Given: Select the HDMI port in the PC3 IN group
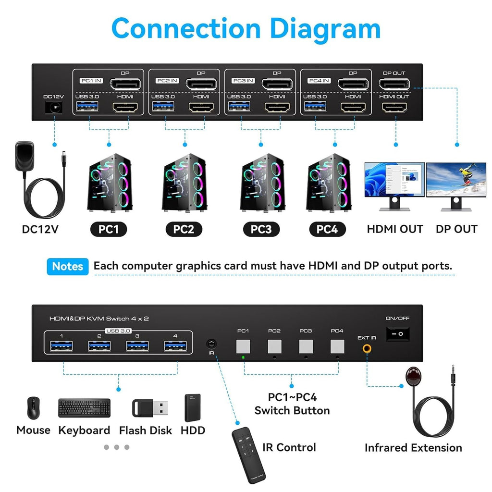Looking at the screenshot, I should pos(277,107).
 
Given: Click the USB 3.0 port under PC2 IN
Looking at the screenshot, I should pos(163,107).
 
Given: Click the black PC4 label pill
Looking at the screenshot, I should pos(327,229).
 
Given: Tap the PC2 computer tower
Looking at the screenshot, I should pos(184,182).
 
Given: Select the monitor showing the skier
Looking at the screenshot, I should pos(456,180).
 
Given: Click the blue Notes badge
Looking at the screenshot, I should pos(68,266).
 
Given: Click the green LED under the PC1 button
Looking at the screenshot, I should pos(243,357).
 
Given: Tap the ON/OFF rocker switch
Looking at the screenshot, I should pos(398,333).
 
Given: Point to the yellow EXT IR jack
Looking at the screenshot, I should pos(367,349).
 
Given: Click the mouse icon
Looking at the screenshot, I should pos(33,408).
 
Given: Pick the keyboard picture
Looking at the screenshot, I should pos(84,408).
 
